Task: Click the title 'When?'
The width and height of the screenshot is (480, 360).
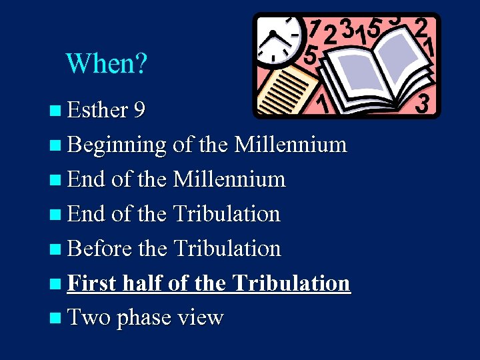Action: [107, 63]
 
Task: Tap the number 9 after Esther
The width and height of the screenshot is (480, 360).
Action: [140, 109]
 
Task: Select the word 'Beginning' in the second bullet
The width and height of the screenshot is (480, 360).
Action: [117, 145]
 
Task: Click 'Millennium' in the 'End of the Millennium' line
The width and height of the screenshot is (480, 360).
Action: [229, 179]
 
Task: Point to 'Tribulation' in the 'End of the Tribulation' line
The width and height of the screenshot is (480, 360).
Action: [227, 213]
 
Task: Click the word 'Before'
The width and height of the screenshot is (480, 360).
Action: [93, 249]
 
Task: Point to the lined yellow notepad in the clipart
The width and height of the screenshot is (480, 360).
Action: [287, 90]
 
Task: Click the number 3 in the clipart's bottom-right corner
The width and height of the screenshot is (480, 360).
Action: [422, 103]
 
